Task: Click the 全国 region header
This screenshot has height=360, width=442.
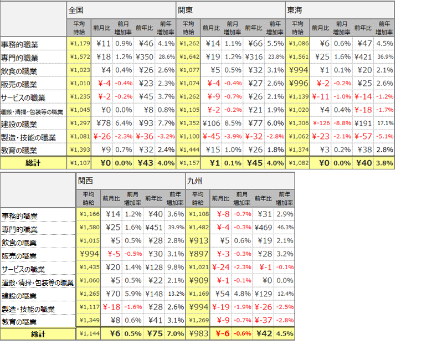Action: pos(76,10)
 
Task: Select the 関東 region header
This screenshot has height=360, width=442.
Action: pos(186,10)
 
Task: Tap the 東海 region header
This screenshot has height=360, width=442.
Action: pos(295,10)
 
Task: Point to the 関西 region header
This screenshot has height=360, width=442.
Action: pos(86,180)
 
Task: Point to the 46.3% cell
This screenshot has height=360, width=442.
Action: pos(285,228)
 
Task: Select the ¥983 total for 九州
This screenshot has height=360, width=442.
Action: pos(198,334)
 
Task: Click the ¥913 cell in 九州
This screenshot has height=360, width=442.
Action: pos(199,241)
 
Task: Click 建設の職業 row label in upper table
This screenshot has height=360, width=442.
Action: pos(19,124)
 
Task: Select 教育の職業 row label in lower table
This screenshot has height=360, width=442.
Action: pos(19,321)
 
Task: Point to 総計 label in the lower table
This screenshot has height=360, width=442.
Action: pos(38,334)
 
